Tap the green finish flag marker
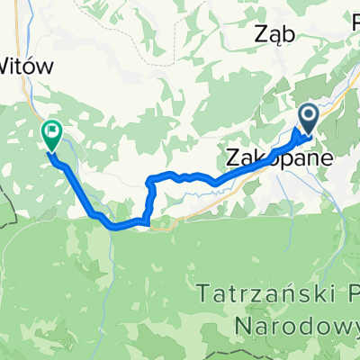pos(51,136)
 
